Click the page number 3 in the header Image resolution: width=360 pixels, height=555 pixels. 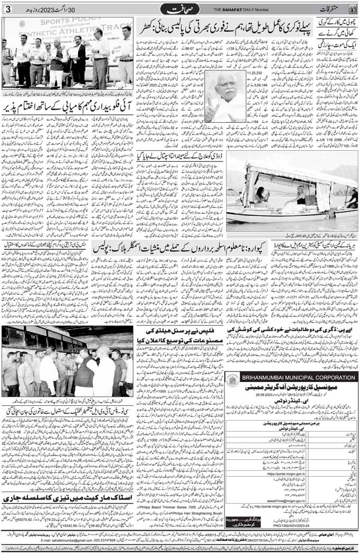tap(6, 9)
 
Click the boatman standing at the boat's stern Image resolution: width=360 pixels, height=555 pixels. tap(352, 198)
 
